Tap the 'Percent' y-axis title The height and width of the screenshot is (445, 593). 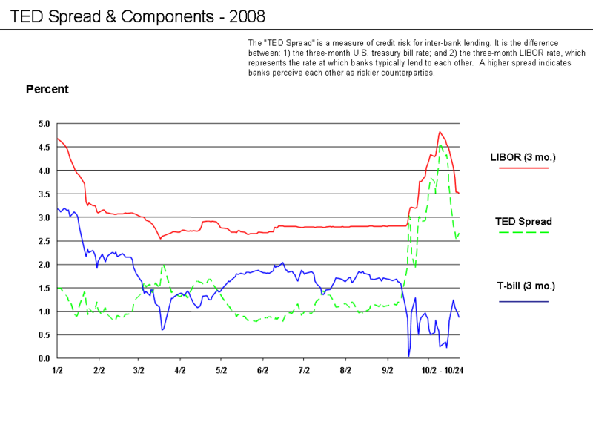point(47,89)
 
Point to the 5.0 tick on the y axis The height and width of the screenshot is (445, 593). point(44,124)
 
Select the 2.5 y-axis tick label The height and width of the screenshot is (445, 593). point(44,241)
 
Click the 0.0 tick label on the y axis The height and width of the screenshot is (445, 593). point(44,358)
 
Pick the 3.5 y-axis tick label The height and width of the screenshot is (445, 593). point(44,194)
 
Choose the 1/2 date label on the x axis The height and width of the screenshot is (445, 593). point(57,369)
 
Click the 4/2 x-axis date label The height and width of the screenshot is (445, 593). point(179,369)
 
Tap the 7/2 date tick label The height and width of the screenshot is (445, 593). point(303,369)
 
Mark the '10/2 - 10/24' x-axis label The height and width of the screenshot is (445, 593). point(443,369)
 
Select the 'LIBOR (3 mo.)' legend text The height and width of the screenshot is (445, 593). point(523,157)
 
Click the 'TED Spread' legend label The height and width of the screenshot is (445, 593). point(523,221)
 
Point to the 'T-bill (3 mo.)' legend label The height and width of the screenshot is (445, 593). point(526,286)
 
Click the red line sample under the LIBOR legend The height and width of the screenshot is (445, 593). point(523,168)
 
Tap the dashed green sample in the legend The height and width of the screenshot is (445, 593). point(523,232)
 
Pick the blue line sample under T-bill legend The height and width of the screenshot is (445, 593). point(523,301)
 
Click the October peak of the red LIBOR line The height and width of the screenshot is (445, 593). point(440,132)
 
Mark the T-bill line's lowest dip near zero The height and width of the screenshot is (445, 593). point(408,355)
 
